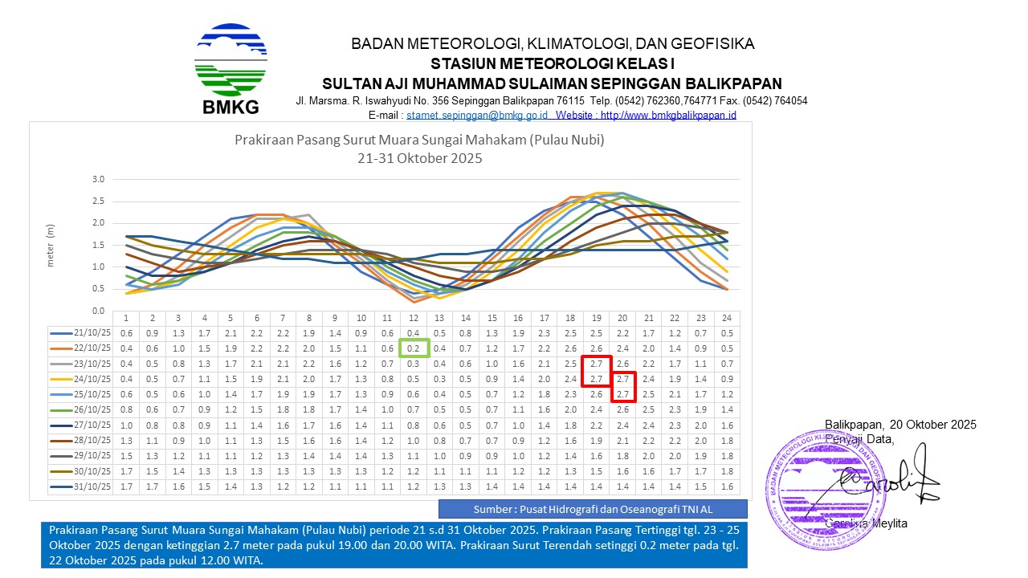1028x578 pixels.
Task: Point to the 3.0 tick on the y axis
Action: [x=97, y=179]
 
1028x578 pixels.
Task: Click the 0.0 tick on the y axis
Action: [x=97, y=311]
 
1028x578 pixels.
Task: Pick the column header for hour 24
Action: [x=726, y=318]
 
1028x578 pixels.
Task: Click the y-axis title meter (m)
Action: [x=50, y=244]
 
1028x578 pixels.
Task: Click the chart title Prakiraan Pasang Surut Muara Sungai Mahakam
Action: [x=419, y=140]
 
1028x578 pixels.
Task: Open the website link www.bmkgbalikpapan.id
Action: [x=668, y=116]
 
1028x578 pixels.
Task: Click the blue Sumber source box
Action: [x=593, y=509]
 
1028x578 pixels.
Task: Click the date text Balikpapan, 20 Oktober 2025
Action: [x=900, y=425]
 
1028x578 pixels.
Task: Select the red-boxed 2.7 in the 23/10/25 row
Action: [x=597, y=364]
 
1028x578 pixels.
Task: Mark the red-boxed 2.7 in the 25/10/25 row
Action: [x=622, y=394]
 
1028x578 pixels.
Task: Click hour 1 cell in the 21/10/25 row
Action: [x=127, y=333]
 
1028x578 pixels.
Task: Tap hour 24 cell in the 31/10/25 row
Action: [x=726, y=486]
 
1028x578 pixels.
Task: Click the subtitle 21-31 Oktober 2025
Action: [x=419, y=158]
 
